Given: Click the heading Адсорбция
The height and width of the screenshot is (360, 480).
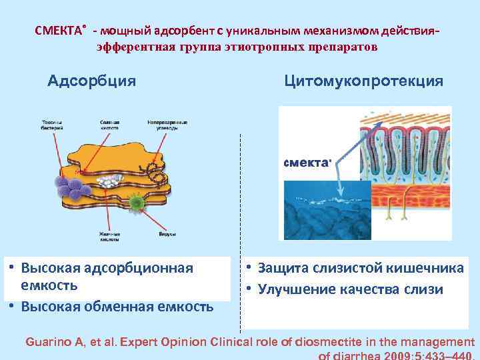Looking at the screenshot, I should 92,81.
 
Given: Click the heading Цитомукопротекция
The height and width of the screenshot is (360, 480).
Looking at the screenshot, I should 363,81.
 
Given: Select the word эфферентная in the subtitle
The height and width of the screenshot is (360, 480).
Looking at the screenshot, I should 133,47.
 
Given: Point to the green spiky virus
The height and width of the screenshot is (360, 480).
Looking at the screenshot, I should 137,201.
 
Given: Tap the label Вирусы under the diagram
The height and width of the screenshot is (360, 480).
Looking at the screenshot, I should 149,235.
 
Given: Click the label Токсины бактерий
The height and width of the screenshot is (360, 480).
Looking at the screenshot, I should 52,125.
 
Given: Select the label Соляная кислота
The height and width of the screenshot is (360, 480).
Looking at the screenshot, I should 109,125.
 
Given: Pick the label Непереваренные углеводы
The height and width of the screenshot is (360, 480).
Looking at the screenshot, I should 167,125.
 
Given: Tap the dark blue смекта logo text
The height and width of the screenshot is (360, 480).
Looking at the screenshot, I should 307,163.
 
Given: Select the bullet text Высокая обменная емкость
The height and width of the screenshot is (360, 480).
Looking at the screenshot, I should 117,307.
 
